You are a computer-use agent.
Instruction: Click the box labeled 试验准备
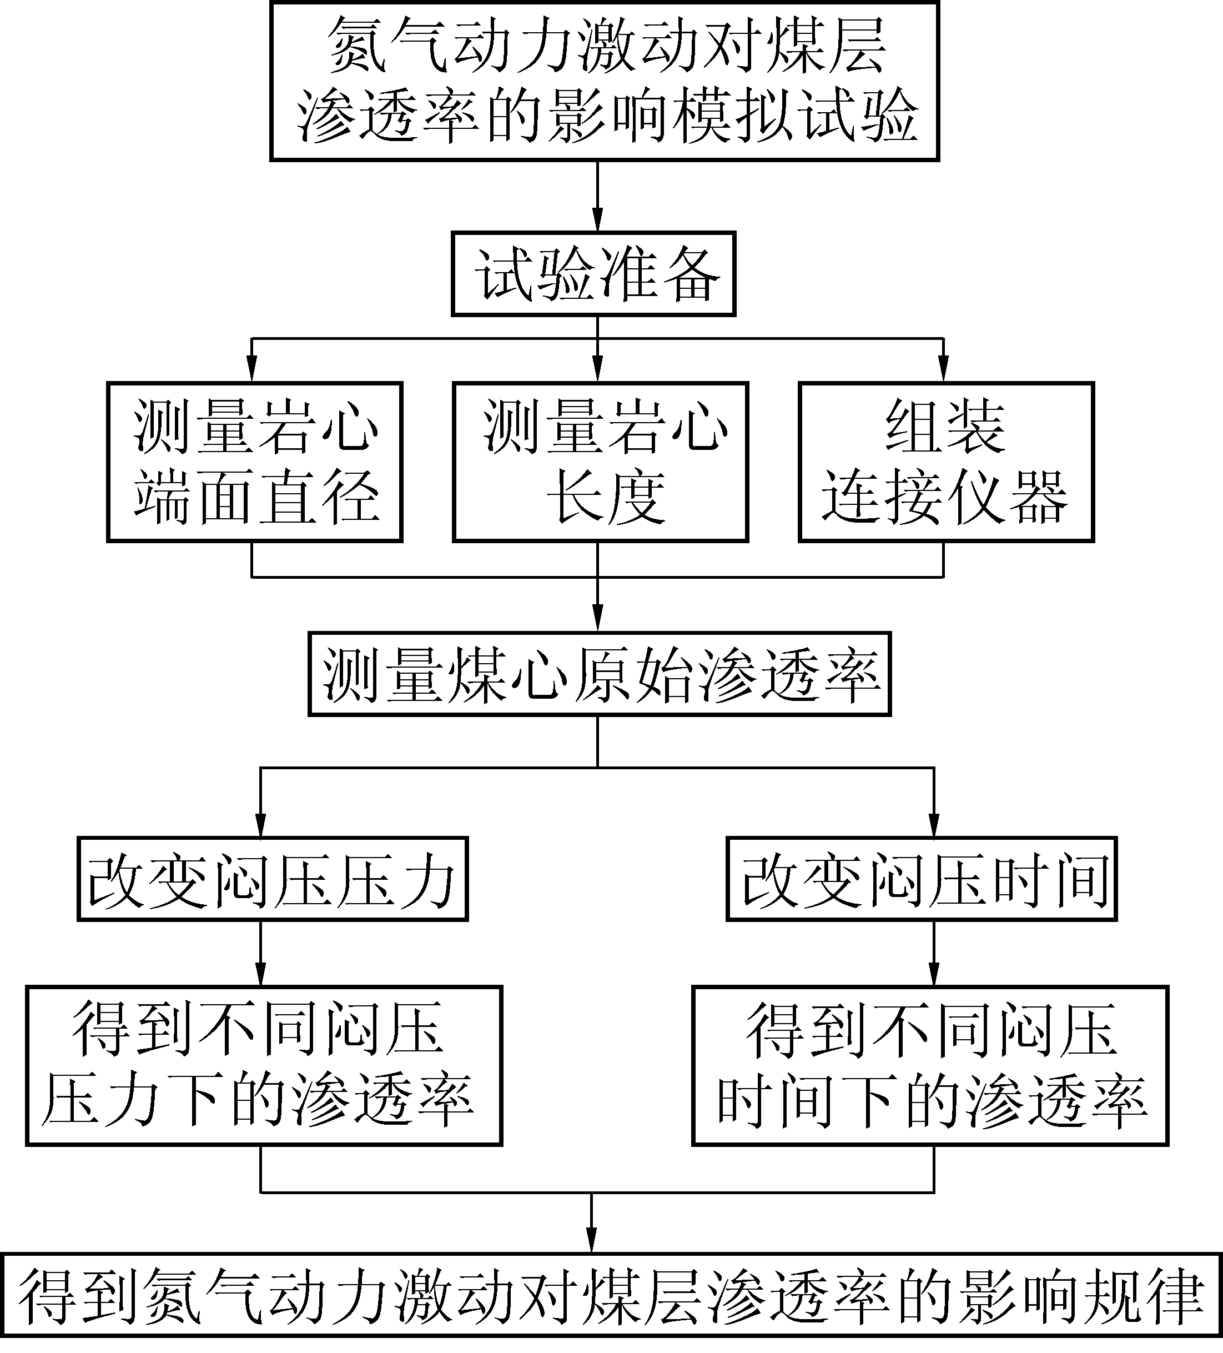click(593, 274)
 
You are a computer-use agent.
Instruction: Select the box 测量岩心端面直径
click(254, 462)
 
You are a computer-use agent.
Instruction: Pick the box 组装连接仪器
click(946, 462)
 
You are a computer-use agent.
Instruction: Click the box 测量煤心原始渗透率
click(599, 674)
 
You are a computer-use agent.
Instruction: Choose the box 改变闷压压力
click(273, 879)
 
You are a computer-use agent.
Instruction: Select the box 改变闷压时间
click(921, 879)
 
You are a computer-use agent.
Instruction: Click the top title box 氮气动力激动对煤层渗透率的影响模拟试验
click(604, 81)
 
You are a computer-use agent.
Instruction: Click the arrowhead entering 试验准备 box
click(598, 221)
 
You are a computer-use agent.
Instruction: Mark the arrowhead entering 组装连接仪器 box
click(944, 371)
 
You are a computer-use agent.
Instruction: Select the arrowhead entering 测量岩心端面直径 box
click(251, 371)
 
